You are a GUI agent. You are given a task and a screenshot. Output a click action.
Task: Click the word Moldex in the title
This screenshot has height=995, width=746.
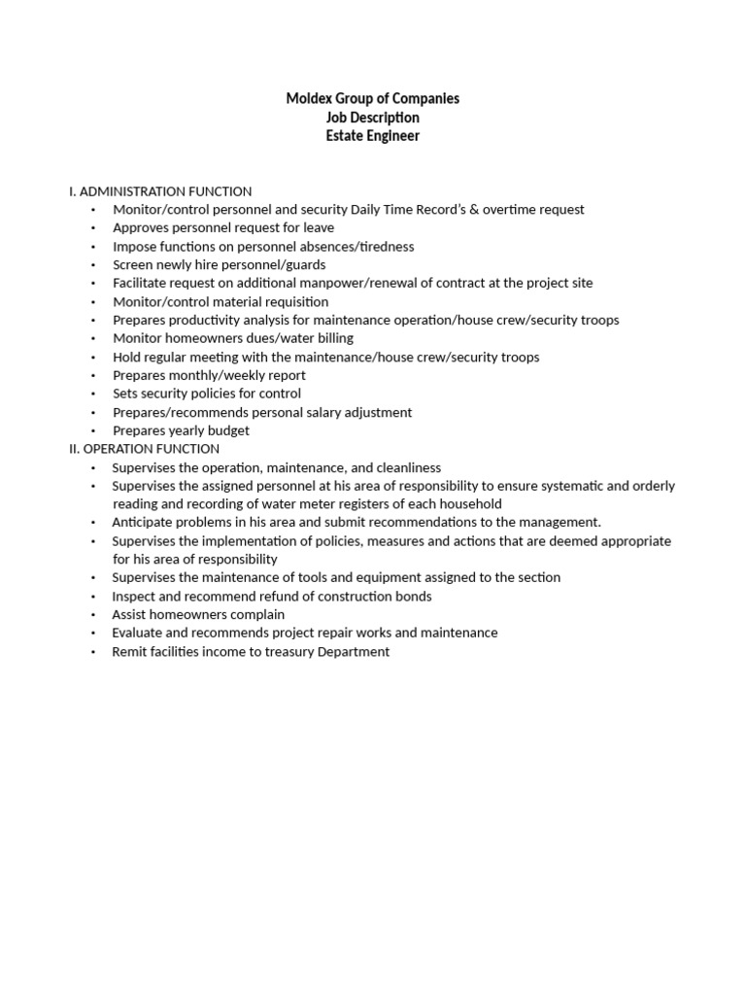coord(308,98)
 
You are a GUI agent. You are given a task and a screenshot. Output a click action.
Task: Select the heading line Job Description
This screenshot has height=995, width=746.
coord(373,118)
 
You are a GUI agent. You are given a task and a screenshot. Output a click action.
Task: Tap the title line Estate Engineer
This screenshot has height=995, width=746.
coord(373,136)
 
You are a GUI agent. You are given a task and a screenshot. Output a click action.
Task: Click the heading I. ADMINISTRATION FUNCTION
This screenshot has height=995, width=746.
coord(160,191)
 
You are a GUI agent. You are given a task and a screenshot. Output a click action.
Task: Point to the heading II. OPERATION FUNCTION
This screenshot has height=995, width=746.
coord(144,449)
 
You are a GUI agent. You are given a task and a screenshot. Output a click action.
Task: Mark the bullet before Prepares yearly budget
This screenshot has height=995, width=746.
coord(93,431)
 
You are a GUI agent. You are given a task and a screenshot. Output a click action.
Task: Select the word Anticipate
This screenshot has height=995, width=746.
coord(144,523)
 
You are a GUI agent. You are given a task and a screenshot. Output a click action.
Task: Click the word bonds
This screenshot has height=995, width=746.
coord(412,597)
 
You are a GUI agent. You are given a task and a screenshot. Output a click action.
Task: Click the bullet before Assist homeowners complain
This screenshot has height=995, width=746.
coord(93,615)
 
